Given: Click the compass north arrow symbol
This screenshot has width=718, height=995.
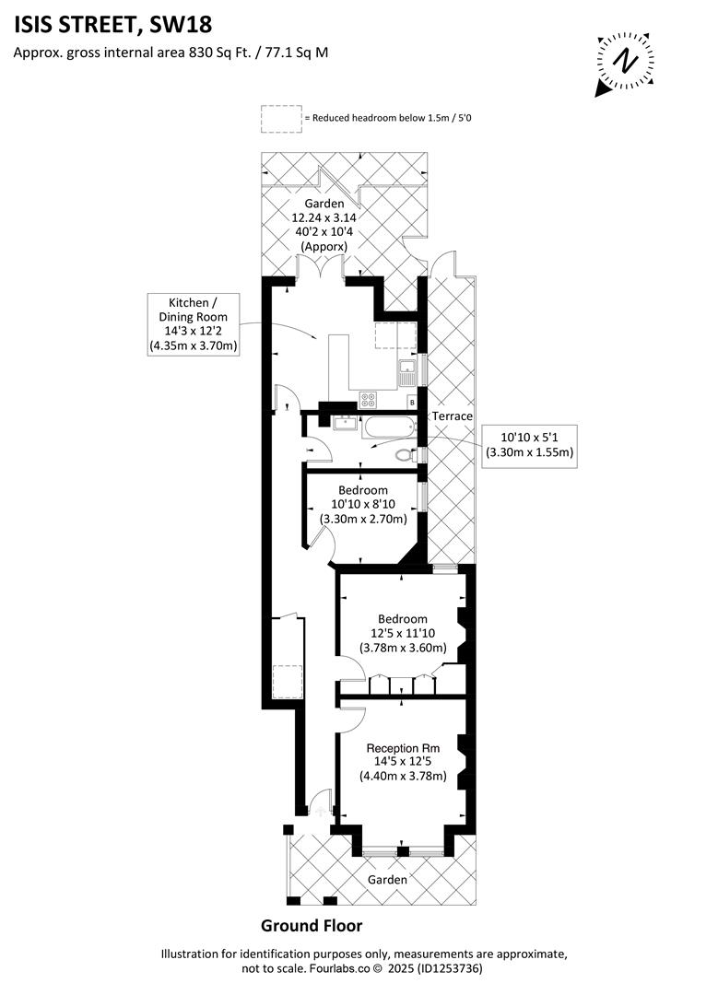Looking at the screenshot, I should pyautogui.click(x=627, y=62).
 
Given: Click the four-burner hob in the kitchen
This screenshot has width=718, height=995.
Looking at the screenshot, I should pyautogui.click(x=370, y=399).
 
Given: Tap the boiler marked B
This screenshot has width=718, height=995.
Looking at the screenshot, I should pyautogui.click(x=411, y=403).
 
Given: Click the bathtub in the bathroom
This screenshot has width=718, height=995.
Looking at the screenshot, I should pyautogui.click(x=388, y=427).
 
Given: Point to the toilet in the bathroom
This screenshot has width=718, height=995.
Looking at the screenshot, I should pyautogui.click(x=404, y=454).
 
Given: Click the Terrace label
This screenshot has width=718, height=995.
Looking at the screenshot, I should pyautogui.click(x=454, y=416).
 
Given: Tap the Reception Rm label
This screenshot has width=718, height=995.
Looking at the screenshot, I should pyautogui.click(x=403, y=747).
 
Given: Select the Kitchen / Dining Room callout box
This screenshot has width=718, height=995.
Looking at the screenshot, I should pyautogui.click(x=194, y=324).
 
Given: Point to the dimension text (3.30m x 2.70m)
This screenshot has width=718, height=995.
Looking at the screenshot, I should pyautogui.click(x=362, y=520).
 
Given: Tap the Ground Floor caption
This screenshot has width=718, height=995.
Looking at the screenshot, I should pyautogui.click(x=312, y=926).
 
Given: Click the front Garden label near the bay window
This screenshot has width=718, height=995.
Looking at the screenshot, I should pyautogui.click(x=387, y=880).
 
